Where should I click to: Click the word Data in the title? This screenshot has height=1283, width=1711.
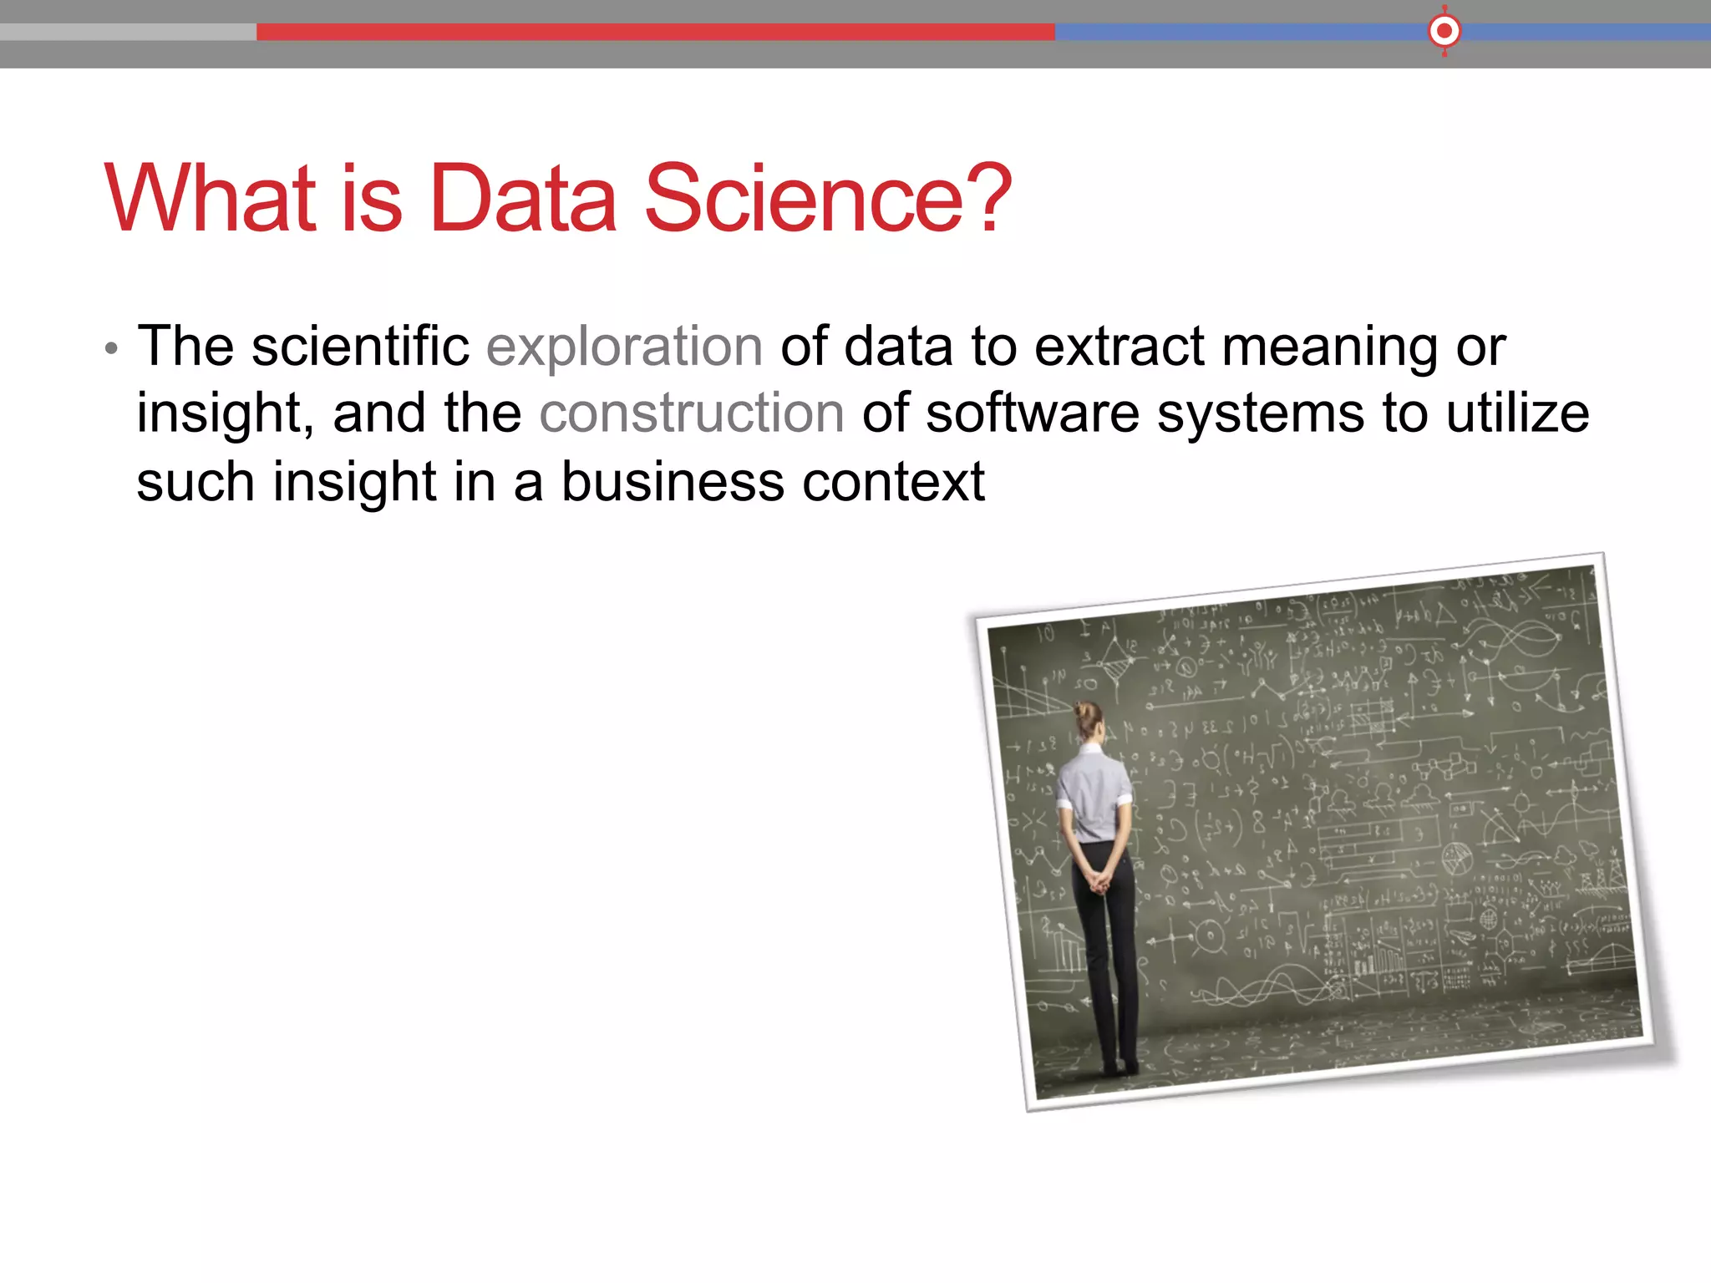click(523, 199)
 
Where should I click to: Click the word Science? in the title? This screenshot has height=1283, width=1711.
click(827, 199)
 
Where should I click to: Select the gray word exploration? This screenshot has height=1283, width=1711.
click(624, 347)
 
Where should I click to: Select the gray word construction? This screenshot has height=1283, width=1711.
click(692, 413)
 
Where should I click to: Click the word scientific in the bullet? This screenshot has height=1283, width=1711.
click(360, 346)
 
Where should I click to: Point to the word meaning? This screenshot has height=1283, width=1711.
click(1329, 347)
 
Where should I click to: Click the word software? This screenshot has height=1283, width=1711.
click(1033, 413)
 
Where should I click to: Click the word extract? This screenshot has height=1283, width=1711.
click(1120, 346)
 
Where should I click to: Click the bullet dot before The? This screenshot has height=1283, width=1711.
click(111, 348)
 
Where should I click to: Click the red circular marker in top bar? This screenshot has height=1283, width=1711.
click(1444, 32)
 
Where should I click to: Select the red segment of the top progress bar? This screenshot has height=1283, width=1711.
click(655, 32)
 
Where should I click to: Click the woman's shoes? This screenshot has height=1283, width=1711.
click(1120, 1067)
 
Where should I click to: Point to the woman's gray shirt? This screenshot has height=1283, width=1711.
click(1094, 794)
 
